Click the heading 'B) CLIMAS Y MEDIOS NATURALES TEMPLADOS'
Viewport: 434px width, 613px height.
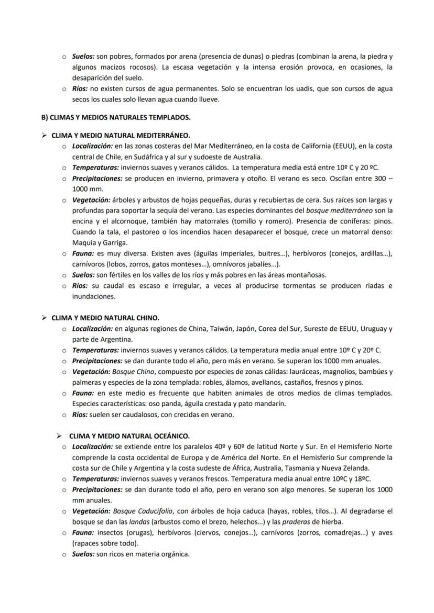[116, 117]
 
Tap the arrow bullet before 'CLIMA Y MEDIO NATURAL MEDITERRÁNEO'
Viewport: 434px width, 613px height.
[45, 135]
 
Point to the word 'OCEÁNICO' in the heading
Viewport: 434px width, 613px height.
[171, 436]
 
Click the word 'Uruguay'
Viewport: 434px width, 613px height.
[375, 329]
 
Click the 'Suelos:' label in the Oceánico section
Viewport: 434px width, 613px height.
[83, 554]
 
